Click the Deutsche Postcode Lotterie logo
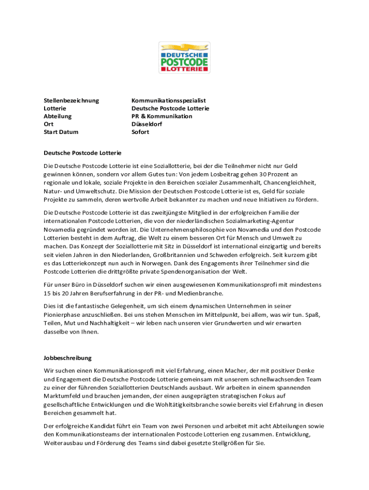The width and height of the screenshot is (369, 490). click(184, 57)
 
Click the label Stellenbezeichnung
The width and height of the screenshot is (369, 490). click(71, 100)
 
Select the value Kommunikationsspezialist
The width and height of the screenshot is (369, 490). click(169, 100)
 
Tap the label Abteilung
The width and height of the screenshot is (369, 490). click(58, 116)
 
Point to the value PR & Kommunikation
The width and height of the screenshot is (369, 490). click(162, 116)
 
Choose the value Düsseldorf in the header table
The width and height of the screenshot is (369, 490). click(147, 124)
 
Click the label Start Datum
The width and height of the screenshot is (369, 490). click(61, 132)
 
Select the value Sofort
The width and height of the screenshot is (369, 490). click(140, 132)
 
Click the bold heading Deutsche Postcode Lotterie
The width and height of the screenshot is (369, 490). click(82, 153)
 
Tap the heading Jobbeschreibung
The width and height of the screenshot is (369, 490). click(68, 358)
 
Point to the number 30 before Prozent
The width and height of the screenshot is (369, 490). click(263, 175)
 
